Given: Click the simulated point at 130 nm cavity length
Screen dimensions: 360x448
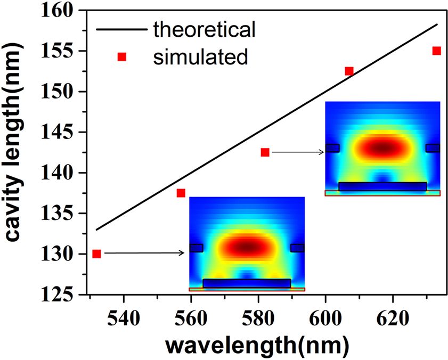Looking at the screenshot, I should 96,254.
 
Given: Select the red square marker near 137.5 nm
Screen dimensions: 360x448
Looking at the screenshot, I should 181,193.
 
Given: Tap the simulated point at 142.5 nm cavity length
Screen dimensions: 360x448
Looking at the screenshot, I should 265,152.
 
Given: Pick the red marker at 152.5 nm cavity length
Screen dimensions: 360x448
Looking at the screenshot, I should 349,71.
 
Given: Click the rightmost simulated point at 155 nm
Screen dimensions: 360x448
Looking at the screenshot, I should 436,51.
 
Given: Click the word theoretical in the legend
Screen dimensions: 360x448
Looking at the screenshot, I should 205,29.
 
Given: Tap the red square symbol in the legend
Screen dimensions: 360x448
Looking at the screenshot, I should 121,56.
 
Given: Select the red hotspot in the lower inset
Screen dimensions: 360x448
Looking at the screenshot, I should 247,247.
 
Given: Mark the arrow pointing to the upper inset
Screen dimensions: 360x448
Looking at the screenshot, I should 298,152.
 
